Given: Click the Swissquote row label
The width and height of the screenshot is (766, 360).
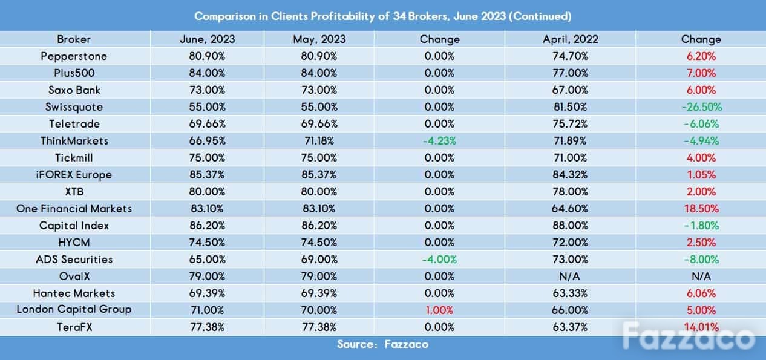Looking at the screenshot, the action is (x=74, y=107).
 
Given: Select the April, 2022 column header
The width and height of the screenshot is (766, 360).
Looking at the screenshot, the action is (x=571, y=39).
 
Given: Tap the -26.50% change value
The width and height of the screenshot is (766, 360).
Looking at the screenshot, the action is (x=702, y=107).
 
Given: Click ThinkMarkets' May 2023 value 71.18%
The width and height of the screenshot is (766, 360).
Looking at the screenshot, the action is (x=319, y=141).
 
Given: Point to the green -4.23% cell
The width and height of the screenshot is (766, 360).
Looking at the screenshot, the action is (x=439, y=141).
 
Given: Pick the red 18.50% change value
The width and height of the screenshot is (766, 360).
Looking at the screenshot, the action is (x=701, y=209).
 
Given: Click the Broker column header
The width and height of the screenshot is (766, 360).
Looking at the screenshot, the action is (x=74, y=39).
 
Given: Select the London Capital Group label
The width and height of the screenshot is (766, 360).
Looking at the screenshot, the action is (x=74, y=309).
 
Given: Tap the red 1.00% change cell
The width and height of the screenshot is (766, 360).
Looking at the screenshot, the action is (x=439, y=310).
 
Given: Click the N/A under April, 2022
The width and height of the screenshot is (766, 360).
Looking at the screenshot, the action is (x=570, y=277).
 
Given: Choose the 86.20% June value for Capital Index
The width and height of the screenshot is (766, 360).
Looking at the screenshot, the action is (x=207, y=226).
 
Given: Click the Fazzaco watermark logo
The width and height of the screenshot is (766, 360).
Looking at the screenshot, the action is (x=689, y=336).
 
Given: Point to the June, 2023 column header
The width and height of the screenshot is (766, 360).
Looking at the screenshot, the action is (x=207, y=39).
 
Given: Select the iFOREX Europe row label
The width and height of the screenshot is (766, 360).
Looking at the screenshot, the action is (x=74, y=175).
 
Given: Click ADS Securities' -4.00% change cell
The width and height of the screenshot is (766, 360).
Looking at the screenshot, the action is (x=439, y=260).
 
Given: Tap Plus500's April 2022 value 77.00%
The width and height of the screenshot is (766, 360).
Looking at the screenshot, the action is (x=570, y=73).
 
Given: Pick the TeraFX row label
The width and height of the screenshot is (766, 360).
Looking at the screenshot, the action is (x=74, y=327).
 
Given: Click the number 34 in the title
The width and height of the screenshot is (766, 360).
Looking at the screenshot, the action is (x=399, y=16).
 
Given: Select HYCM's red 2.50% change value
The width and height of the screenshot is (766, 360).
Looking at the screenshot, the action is (x=701, y=243).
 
